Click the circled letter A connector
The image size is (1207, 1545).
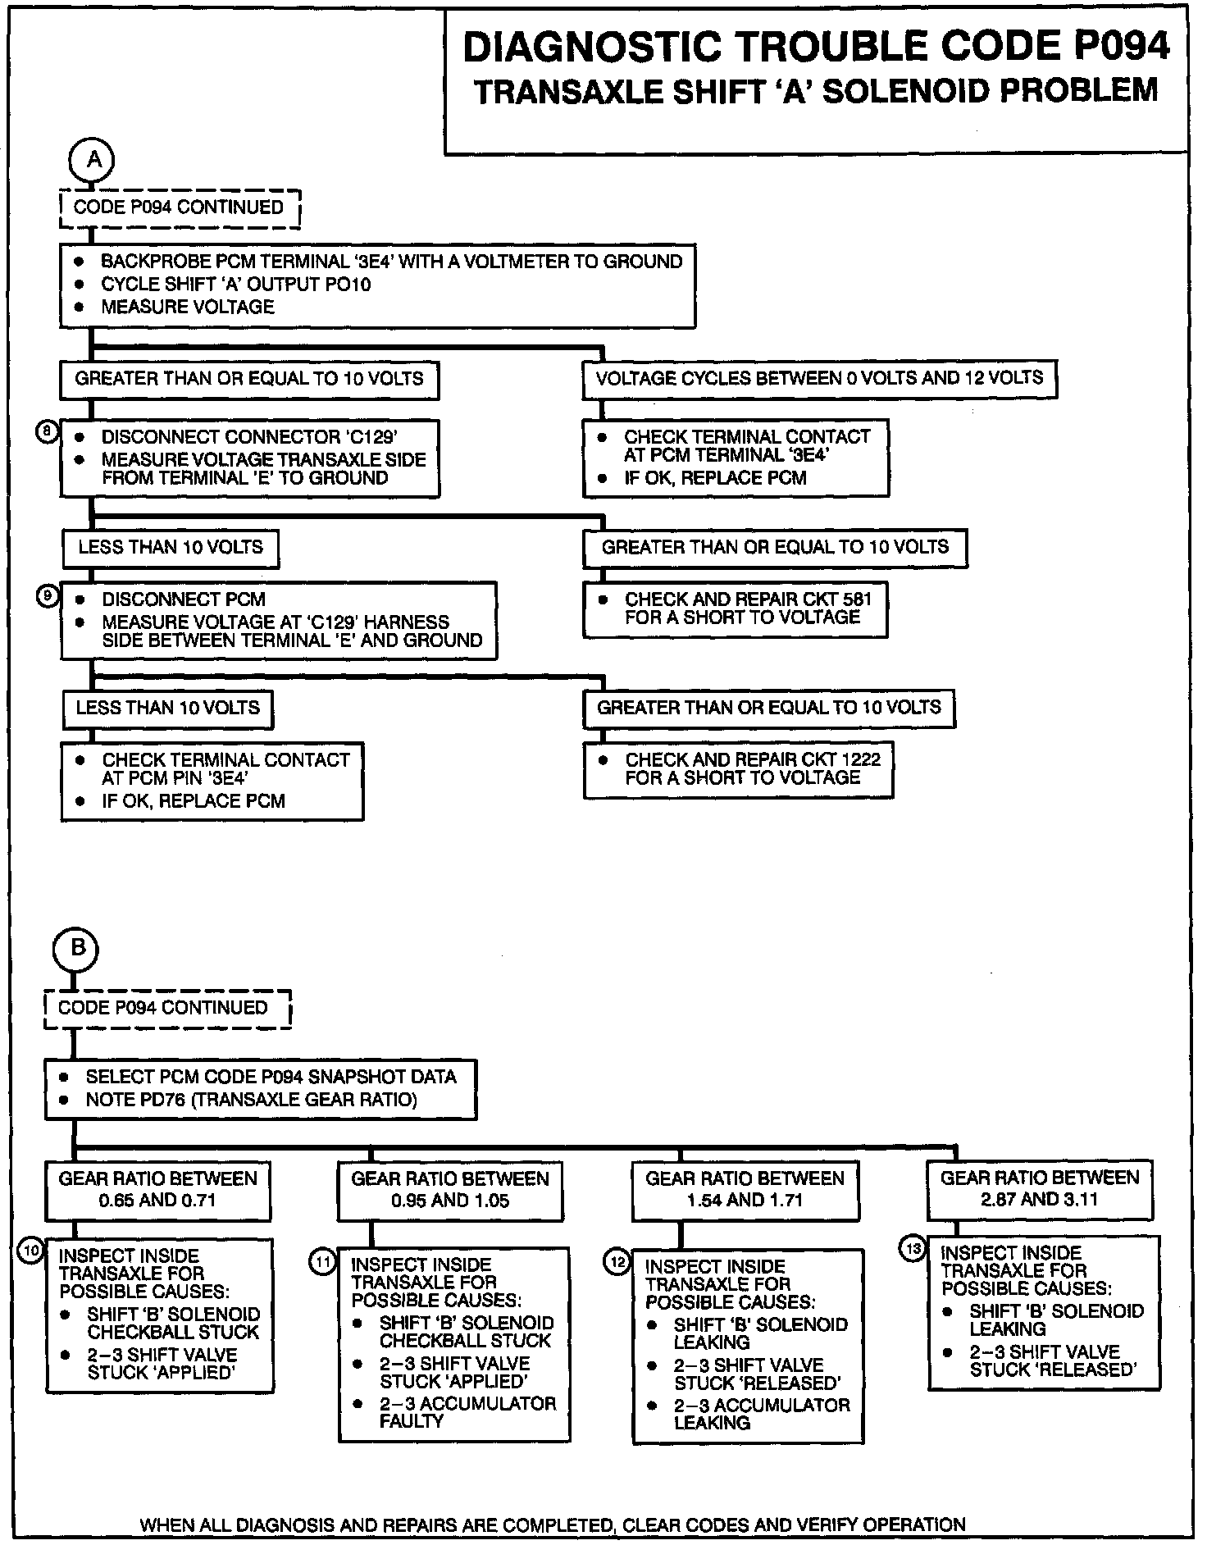tap(94, 160)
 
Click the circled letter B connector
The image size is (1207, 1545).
tap(76, 949)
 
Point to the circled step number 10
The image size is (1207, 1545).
tap(31, 1251)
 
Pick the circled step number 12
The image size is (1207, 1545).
tap(617, 1262)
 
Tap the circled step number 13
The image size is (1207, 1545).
tap(913, 1249)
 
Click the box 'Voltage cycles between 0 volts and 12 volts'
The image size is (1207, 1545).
tap(819, 380)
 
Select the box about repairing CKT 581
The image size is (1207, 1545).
tap(736, 609)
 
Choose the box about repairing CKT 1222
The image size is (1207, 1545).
tap(738, 770)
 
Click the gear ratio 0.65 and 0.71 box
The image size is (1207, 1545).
tap(157, 1189)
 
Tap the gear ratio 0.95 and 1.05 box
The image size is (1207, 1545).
tap(450, 1190)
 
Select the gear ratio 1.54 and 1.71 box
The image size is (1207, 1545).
tap(745, 1190)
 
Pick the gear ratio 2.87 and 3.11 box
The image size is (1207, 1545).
tap(1040, 1188)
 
